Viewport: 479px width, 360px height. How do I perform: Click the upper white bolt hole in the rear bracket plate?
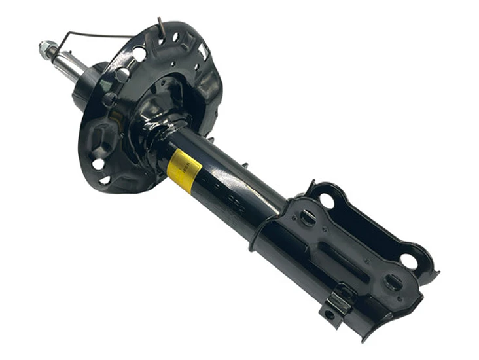click(327, 201)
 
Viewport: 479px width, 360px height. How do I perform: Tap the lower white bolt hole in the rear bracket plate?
click(409, 261)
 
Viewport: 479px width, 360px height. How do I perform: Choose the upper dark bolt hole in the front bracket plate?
click(308, 217)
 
